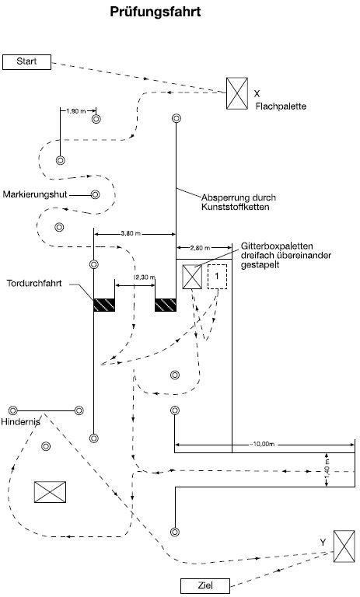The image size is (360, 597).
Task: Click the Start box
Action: (26, 62)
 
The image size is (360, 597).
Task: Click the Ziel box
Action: (205, 585)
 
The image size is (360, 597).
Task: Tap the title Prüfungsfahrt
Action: (155, 12)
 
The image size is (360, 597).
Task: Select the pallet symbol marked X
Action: (237, 93)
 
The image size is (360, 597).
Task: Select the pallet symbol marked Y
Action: (344, 546)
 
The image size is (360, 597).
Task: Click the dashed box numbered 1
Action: (217, 277)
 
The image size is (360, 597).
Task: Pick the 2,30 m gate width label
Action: (144, 278)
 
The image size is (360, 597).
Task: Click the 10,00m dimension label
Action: (262, 444)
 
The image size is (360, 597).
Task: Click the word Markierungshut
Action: (35, 194)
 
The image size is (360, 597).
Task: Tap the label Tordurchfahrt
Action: (34, 283)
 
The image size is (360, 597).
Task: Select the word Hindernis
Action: (20, 422)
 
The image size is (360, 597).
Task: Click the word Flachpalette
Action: (281, 106)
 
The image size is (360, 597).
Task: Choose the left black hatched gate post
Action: (104, 305)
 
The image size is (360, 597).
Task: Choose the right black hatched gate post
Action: (166, 305)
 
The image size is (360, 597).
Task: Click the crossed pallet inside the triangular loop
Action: (50, 492)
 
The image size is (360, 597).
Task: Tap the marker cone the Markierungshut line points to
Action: (95, 195)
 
